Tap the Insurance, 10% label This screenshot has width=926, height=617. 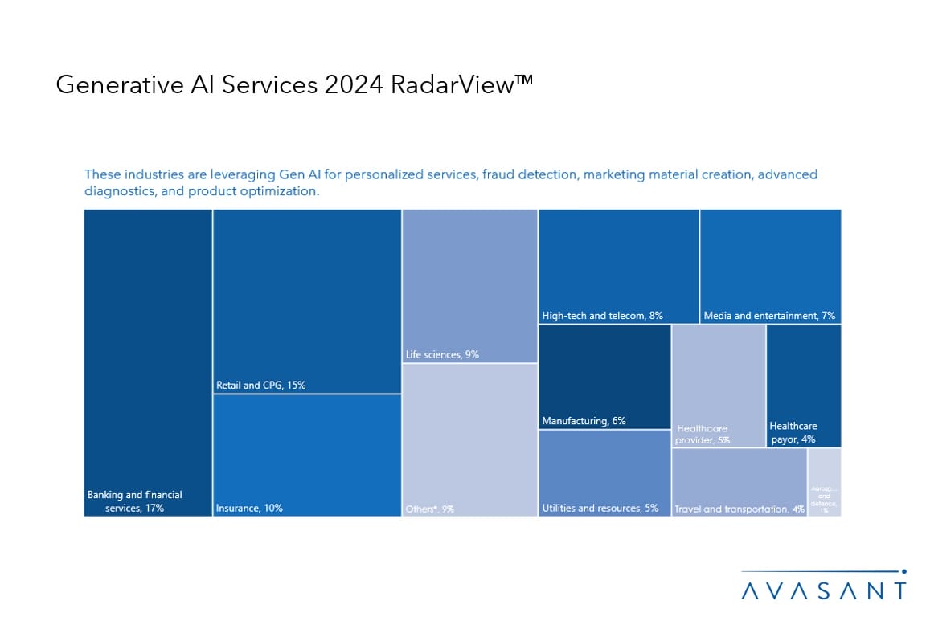tap(249, 508)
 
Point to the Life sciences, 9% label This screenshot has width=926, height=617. tap(442, 354)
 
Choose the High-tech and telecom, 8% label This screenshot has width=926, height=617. tap(602, 316)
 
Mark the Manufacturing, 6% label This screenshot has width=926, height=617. tap(584, 421)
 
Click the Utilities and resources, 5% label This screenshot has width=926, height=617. tap(600, 508)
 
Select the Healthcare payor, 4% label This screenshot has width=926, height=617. tap(793, 432)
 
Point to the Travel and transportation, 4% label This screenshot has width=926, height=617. tap(739, 509)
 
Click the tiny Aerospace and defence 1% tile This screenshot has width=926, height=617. tap(825, 482)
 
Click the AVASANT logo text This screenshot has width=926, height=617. tap(823, 591)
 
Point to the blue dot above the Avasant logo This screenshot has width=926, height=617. tap(904, 572)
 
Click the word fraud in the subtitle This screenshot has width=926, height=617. tap(501, 174)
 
